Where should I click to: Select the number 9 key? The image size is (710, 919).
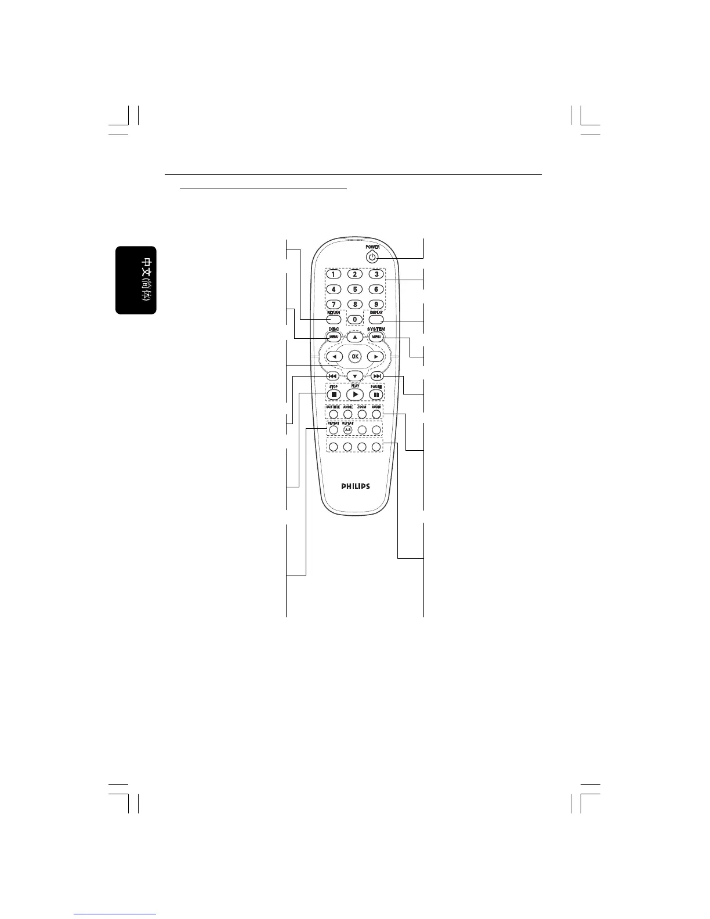(376, 304)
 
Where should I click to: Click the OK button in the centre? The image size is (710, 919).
(355, 356)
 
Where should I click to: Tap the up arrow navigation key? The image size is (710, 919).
(355, 337)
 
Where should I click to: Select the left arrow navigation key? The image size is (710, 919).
(334, 356)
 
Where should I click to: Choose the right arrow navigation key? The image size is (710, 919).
(376, 356)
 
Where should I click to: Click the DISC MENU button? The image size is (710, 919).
(334, 337)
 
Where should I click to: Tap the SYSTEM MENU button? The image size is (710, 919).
(376, 337)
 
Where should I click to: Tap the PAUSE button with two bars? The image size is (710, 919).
(376, 395)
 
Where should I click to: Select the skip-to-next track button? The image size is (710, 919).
(376, 376)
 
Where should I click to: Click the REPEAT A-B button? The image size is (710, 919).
(348, 430)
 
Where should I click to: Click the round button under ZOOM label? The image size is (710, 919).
(362, 414)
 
